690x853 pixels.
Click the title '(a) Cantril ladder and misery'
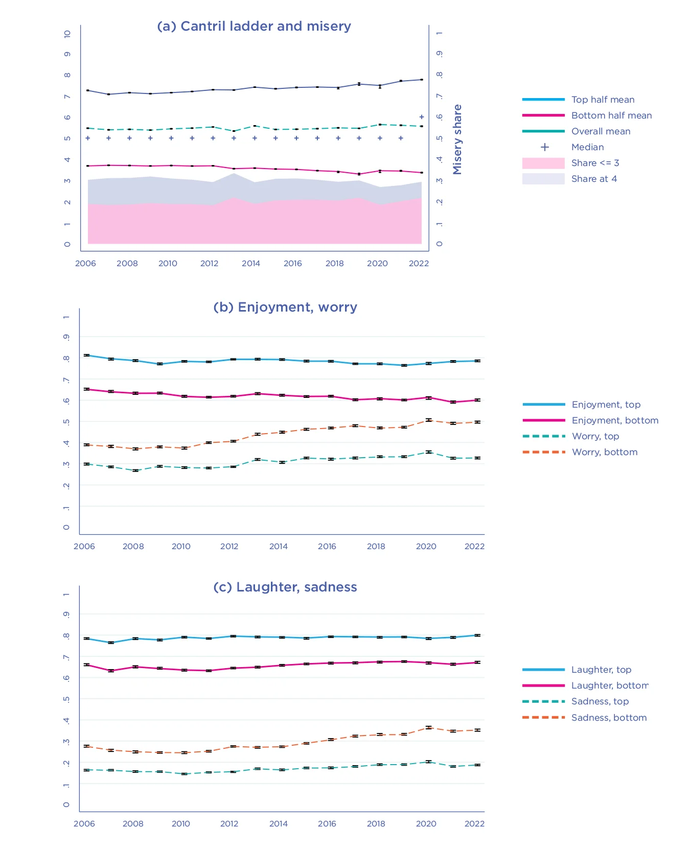tap(254, 26)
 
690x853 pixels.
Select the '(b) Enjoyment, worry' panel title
tap(285, 307)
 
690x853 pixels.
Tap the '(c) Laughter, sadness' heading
tap(285, 587)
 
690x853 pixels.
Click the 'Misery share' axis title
tap(457, 139)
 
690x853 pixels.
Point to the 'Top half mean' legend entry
tap(603, 100)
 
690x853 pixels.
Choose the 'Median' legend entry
tap(587, 147)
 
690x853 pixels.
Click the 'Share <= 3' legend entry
tap(595, 163)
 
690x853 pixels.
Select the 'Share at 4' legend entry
tap(594, 179)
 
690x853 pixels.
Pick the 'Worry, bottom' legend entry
tap(605, 452)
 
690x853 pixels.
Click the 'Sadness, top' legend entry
tap(600, 701)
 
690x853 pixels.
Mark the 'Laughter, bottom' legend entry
tap(610, 685)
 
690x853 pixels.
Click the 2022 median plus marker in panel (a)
tap(422, 117)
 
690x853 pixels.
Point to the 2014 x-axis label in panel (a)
tap(251, 264)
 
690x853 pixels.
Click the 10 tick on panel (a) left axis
tap(67, 34)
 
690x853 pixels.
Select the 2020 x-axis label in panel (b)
tap(426, 547)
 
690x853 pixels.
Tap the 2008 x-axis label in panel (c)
tap(133, 824)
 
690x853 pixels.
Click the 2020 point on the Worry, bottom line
tap(428, 420)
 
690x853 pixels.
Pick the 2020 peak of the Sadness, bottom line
tap(428, 727)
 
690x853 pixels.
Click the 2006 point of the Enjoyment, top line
tap(87, 355)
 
